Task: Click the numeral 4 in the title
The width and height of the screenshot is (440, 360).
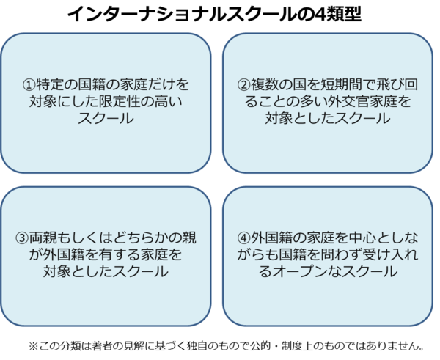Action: pyautogui.click(x=324, y=15)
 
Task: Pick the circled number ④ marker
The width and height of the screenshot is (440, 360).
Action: pyautogui.click(x=244, y=238)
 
